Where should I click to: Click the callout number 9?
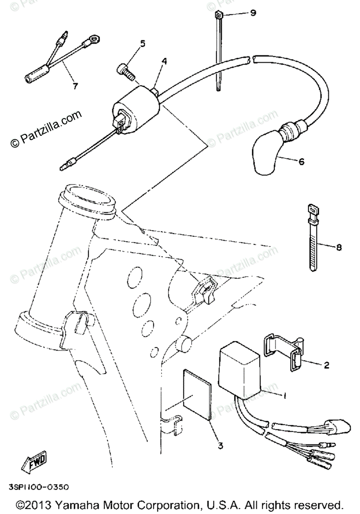pyautogui.click(x=253, y=13)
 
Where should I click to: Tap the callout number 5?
pyautogui.click(x=143, y=44)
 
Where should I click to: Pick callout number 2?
pyautogui.click(x=326, y=365)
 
